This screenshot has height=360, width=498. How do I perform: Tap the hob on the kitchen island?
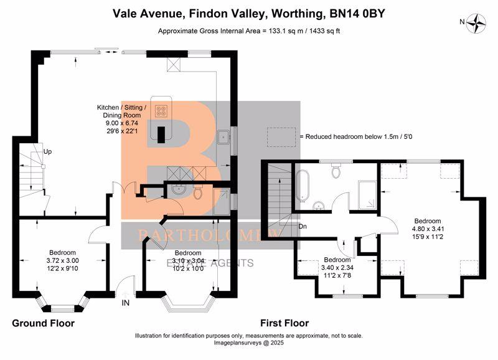click(x=161, y=110)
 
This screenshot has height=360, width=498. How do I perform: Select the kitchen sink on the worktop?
click(x=224, y=136)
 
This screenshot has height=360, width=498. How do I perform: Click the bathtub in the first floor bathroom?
click(x=302, y=186)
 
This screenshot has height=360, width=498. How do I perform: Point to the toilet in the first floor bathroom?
click(x=336, y=171)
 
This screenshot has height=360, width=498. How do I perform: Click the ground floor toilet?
click(x=197, y=193)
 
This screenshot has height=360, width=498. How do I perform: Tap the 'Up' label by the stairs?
click(x=47, y=151)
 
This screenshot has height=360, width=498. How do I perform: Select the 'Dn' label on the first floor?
click(x=303, y=226)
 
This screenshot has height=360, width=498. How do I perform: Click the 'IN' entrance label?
click(x=126, y=303)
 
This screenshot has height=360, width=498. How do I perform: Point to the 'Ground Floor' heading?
click(x=43, y=323)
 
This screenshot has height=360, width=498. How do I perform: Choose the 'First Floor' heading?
click(x=284, y=323)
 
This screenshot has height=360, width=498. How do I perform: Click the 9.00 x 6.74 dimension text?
click(x=121, y=123)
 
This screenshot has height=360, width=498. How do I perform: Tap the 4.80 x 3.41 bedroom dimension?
click(x=428, y=229)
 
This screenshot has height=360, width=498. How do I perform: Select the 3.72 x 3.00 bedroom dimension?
click(x=63, y=260)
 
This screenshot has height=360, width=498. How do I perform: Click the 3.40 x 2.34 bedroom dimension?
click(x=337, y=268)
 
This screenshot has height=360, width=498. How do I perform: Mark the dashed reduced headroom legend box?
click(x=281, y=137)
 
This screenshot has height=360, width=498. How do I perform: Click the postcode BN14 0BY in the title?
click(x=357, y=14)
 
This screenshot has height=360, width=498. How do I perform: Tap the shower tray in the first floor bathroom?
click(x=367, y=195)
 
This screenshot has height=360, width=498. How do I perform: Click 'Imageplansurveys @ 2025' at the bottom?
click(x=248, y=343)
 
